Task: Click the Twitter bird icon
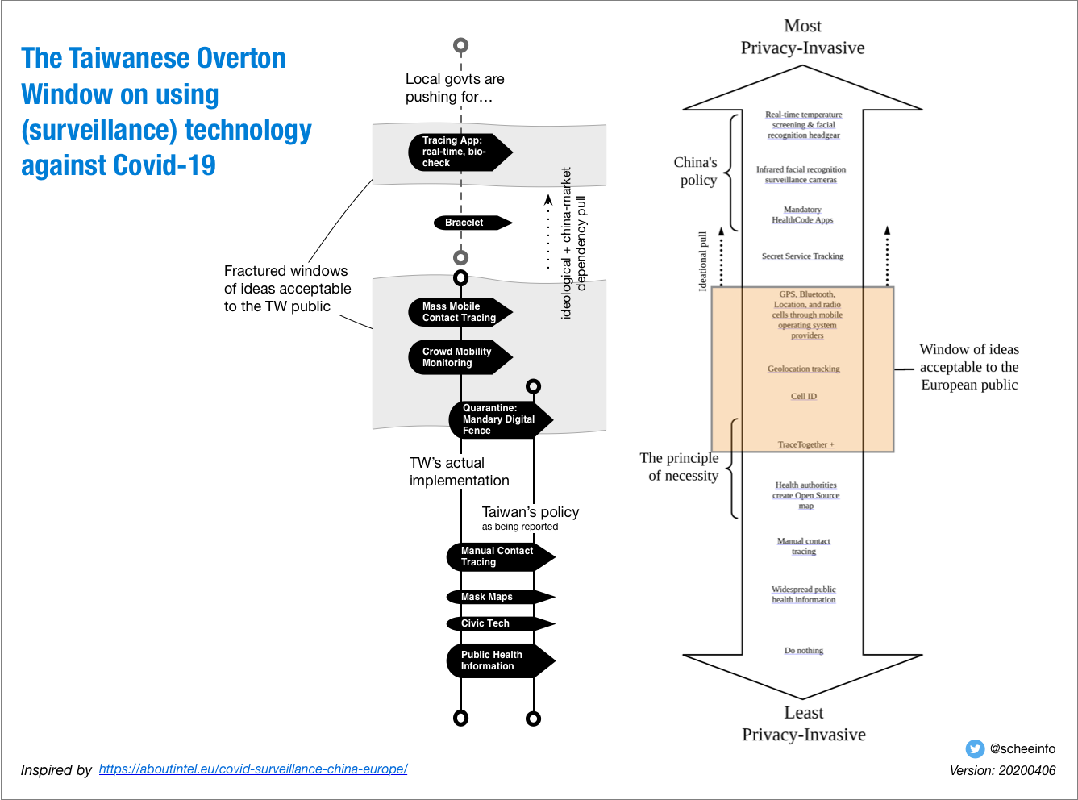pos(975,748)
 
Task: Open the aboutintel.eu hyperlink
pos(253,769)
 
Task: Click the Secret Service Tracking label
pos(802,256)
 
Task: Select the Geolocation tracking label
pos(803,369)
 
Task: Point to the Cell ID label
pos(803,396)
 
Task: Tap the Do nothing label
pos(803,650)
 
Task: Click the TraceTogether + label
pos(805,444)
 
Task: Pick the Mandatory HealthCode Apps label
pos(802,215)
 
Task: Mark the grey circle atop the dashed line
pos(460,45)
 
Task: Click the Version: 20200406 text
pos(1002,770)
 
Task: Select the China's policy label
pos(697,171)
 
